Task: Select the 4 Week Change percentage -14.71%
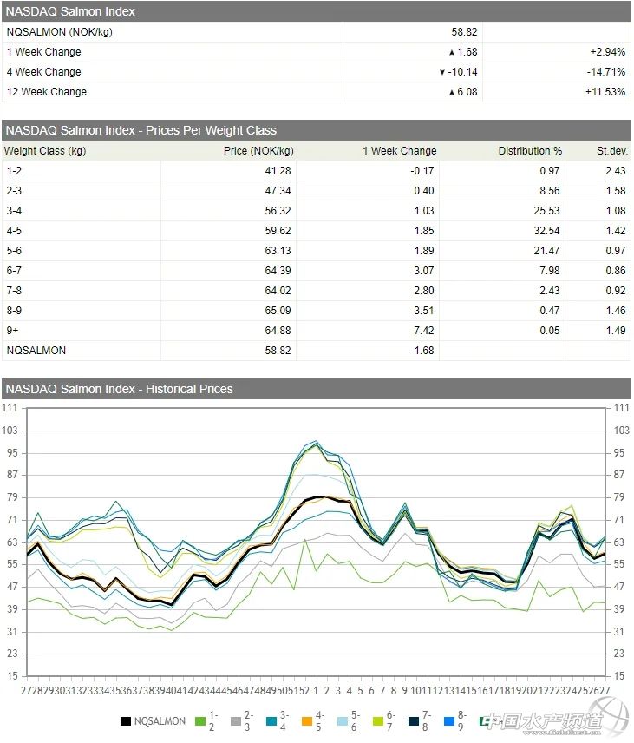click(607, 72)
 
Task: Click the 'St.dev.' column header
click(611, 151)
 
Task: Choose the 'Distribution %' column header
click(530, 151)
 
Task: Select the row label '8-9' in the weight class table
click(14, 311)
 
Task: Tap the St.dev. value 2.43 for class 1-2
click(616, 171)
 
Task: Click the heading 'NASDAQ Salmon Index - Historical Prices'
click(119, 390)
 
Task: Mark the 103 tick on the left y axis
click(10, 431)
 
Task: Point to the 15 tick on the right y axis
click(621, 676)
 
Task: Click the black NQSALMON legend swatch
click(125, 721)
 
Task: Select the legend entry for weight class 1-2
click(205, 721)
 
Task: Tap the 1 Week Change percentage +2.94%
click(608, 52)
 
